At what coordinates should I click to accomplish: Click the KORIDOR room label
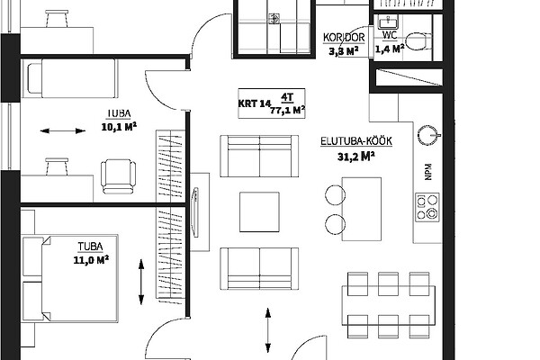tap(344, 38)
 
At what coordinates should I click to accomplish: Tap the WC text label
tap(390, 35)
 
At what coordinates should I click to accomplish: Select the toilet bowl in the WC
tap(418, 41)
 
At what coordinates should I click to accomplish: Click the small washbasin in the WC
tap(388, 22)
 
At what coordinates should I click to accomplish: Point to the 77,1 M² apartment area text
tap(287, 110)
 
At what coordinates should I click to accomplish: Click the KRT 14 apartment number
tap(253, 103)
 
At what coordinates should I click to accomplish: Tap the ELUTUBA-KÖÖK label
tap(356, 141)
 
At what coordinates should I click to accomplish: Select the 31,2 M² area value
tap(355, 157)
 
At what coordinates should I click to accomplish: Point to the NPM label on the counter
tap(428, 172)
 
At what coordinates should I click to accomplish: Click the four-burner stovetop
tap(427, 207)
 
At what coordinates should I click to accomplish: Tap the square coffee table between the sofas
tap(259, 211)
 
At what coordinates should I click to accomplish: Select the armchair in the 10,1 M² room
tap(118, 176)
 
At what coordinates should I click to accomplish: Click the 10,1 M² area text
tap(119, 126)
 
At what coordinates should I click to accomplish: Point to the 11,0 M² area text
tap(91, 259)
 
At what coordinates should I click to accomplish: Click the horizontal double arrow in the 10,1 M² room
tap(63, 130)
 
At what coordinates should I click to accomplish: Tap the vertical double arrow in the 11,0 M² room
tap(141, 282)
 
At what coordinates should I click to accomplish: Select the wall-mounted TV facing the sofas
tap(195, 212)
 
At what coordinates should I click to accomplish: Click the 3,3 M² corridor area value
tap(344, 51)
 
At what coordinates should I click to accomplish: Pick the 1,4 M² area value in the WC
tap(390, 49)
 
